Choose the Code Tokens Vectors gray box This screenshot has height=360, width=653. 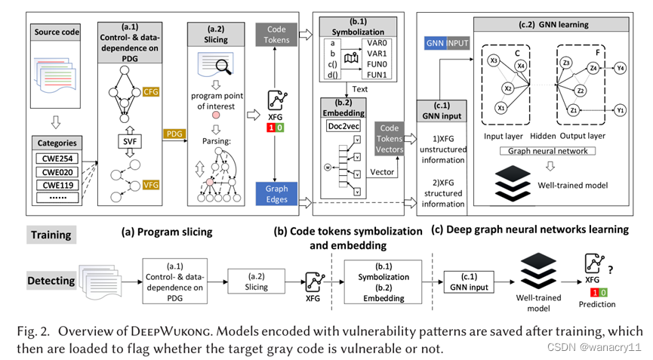pos(390,139)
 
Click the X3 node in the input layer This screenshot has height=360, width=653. pos(494,60)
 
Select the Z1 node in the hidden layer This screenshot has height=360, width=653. pos(574,109)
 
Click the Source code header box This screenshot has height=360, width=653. pos(56,32)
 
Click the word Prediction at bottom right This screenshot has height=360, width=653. pos(596,305)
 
